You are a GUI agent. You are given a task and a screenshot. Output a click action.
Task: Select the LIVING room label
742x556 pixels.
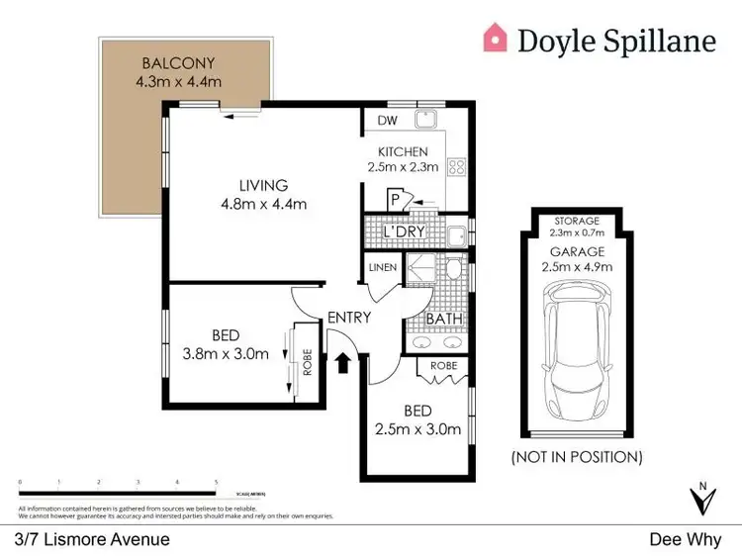pyautogui.click(x=262, y=185)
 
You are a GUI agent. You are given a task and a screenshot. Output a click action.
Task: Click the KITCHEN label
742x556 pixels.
pyautogui.click(x=403, y=151)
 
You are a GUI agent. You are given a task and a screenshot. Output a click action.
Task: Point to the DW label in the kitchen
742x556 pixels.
pyautogui.click(x=388, y=121)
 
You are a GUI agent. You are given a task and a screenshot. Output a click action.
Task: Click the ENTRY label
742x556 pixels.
pyautogui.click(x=348, y=318)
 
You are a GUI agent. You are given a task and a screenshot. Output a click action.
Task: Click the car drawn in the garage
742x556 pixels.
pyautogui.click(x=574, y=346)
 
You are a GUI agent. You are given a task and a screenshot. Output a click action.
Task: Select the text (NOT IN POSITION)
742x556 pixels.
pyautogui.click(x=577, y=457)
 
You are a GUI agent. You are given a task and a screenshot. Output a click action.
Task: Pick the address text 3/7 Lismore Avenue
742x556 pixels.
pyautogui.click(x=92, y=539)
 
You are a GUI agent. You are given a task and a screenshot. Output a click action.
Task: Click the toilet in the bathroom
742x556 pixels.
pyautogui.click(x=452, y=268)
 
